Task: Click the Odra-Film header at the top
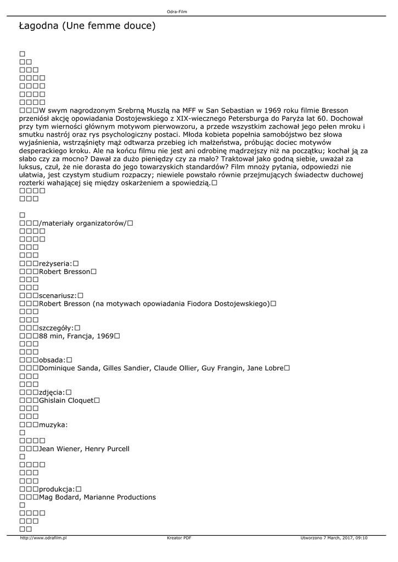click(177, 11)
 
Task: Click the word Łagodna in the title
click(39, 26)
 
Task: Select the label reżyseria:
click(55, 263)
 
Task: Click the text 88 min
click(53, 336)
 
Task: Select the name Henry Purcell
click(108, 449)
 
